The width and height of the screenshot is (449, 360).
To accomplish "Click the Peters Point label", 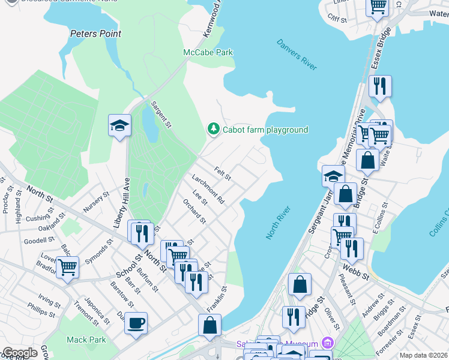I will (x=95, y=34).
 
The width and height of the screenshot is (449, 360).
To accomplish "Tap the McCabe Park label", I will (x=208, y=53).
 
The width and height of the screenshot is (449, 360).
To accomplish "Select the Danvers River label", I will (x=297, y=55).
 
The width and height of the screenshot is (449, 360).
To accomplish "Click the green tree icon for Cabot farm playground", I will (x=212, y=129).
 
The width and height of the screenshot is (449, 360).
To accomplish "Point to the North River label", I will (x=279, y=223).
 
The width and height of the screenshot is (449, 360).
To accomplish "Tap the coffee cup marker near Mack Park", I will (x=136, y=323).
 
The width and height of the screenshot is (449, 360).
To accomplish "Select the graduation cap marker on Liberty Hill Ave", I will (x=119, y=125).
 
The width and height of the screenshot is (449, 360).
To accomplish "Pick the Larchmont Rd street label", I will (x=208, y=189).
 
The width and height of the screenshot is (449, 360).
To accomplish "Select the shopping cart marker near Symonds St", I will (x=68, y=267).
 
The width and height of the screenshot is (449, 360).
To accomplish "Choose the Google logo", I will (x=20, y=353).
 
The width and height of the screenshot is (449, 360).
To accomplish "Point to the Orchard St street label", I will (x=194, y=211).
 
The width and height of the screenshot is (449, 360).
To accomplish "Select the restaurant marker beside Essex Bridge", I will (x=380, y=86).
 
